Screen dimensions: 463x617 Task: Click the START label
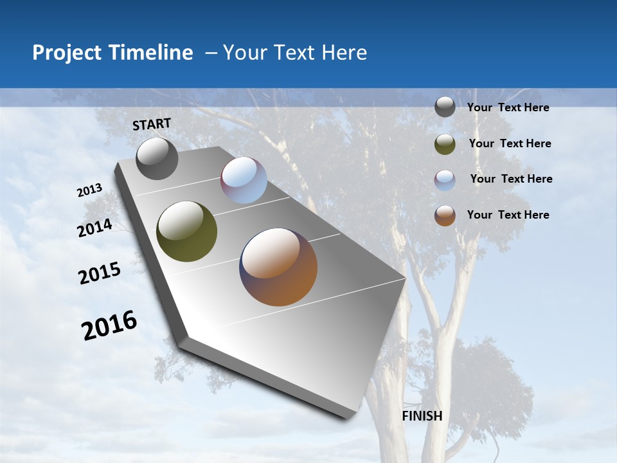click(152, 124)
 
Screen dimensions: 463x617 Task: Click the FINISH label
click(422, 416)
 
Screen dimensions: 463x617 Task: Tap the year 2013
click(89, 190)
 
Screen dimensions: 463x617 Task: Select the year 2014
click(94, 228)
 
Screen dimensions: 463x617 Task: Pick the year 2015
click(99, 273)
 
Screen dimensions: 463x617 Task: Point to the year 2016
click(109, 325)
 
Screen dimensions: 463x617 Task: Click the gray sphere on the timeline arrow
click(157, 158)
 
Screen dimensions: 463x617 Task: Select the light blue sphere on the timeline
click(244, 180)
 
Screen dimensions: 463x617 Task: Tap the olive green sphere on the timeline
click(186, 232)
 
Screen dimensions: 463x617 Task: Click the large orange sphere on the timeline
click(278, 267)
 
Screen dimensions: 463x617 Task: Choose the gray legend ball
click(445, 107)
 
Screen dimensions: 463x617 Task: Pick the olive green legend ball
click(445, 144)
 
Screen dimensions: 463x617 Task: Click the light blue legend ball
click(445, 180)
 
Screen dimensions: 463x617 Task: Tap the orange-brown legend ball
click(445, 215)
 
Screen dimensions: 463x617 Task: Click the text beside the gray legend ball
click(508, 107)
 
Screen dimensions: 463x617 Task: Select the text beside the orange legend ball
click(508, 215)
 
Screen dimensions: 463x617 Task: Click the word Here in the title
click(344, 53)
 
